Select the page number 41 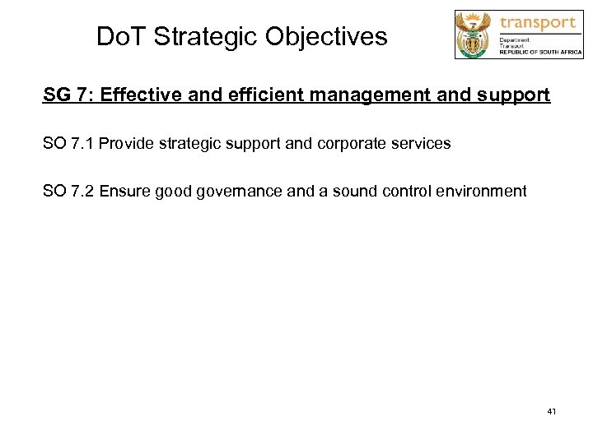[x=551, y=410]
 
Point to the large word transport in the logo [x=537, y=22]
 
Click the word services [x=419, y=144]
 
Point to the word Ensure [x=128, y=192]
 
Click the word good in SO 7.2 [x=180, y=192]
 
